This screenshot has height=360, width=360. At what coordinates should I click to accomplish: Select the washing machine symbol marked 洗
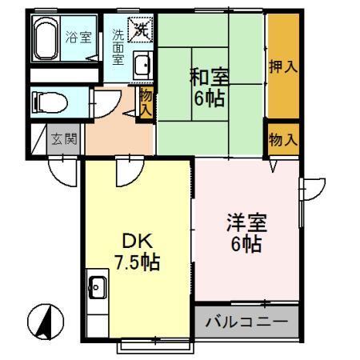point(139,31)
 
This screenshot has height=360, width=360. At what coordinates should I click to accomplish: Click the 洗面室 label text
point(117,47)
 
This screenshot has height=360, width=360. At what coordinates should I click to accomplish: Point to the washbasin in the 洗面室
point(142,66)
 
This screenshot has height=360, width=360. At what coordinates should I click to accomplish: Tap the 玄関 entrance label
point(63,138)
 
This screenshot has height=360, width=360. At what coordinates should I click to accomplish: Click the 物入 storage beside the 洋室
point(282,139)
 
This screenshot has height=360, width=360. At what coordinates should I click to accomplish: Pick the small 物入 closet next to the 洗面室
point(146,102)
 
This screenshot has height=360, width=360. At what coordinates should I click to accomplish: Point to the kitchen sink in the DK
point(97,286)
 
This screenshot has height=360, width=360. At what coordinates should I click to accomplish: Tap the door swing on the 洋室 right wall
point(311,189)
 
